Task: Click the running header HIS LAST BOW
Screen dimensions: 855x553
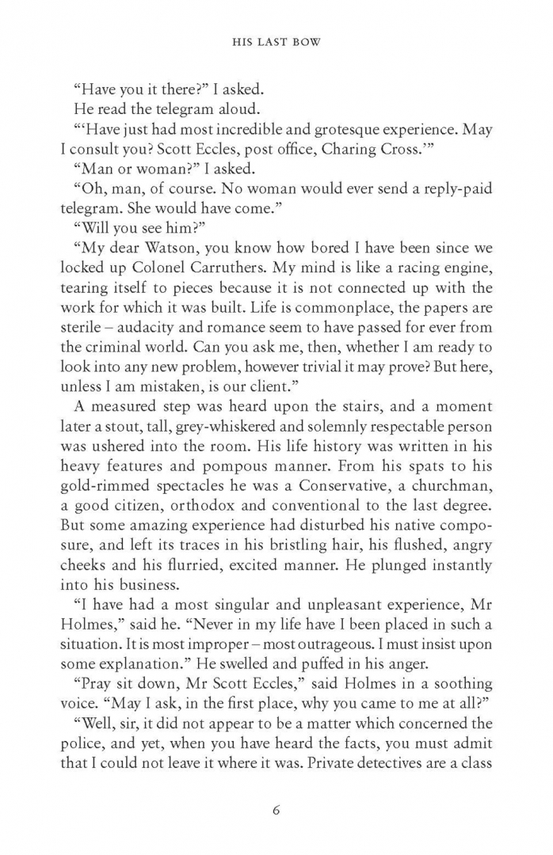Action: tap(276, 43)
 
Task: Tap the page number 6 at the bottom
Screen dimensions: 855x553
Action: tap(276, 810)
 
